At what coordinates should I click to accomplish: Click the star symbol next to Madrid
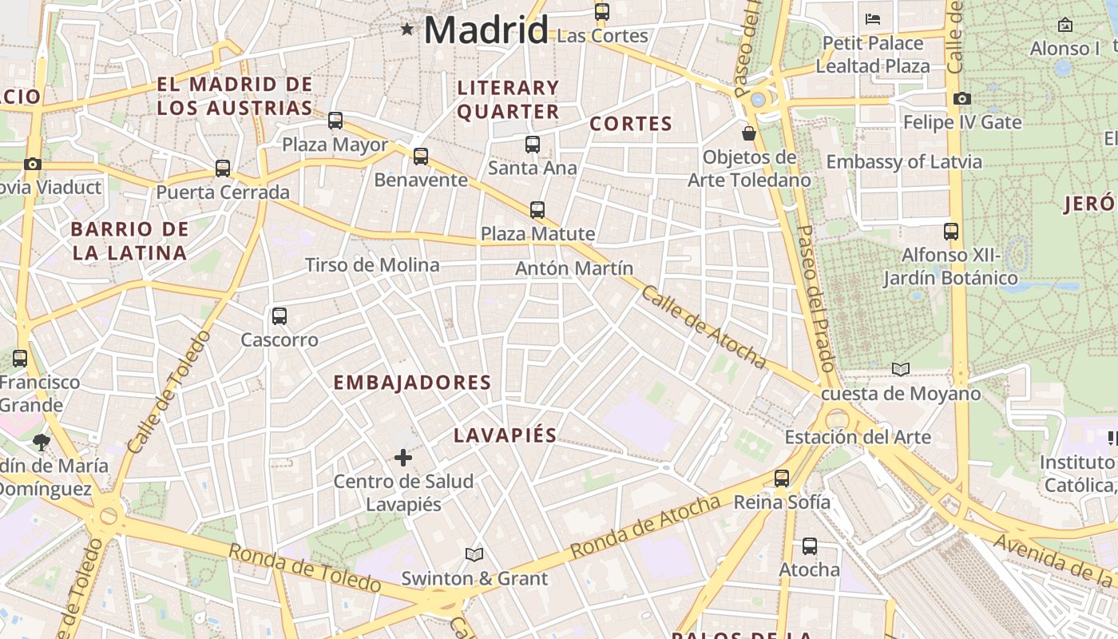(x=407, y=30)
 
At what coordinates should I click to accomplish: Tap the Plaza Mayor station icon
(x=335, y=121)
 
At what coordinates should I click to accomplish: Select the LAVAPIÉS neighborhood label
(x=505, y=435)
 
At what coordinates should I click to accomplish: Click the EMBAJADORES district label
(x=412, y=383)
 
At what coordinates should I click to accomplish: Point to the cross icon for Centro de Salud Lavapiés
(x=403, y=458)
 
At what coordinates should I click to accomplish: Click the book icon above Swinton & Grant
(x=474, y=554)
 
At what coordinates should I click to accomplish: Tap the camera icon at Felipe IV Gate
(x=962, y=98)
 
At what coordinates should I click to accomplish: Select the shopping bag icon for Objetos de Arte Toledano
(x=749, y=133)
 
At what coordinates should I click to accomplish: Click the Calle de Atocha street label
(x=704, y=327)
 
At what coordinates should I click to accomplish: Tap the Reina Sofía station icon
(x=782, y=478)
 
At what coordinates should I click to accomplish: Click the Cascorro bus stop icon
(x=279, y=316)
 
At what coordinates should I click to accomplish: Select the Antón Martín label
(x=574, y=268)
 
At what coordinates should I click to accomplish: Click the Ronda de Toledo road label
(x=304, y=567)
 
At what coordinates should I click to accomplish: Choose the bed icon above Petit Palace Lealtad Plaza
(x=873, y=18)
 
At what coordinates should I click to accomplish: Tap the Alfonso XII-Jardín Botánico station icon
(x=951, y=232)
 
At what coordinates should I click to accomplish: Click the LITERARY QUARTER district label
(x=508, y=99)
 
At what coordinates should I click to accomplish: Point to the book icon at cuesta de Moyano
(x=901, y=369)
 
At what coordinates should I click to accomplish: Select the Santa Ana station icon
(x=533, y=145)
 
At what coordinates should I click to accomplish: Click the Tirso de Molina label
(x=372, y=265)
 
